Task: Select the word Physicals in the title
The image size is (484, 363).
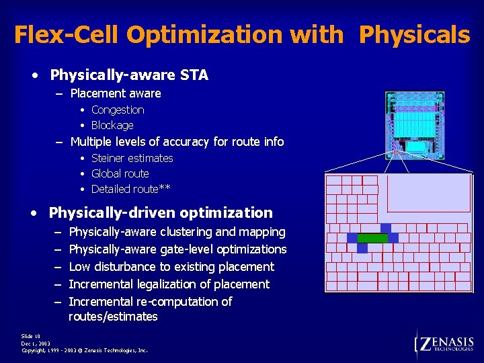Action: tap(414, 34)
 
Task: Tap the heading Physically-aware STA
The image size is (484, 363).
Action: tap(129, 75)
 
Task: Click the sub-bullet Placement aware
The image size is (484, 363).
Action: tap(115, 93)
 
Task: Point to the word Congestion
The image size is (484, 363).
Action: tap(118, 110)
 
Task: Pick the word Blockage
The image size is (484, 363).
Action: tap(112, 125)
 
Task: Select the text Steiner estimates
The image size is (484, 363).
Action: tap(132, 158)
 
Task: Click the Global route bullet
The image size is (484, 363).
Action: tap(120, 173)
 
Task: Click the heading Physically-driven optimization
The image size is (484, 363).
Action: tap(161, 213)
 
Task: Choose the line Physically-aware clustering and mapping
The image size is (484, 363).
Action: tap(177, 232)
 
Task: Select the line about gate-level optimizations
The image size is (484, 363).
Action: tap(177, 249)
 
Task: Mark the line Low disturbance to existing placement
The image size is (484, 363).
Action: tap(171, 267)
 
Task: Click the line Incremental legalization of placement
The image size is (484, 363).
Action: tap(169, 284)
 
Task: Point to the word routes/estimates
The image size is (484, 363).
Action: tap(113, 317)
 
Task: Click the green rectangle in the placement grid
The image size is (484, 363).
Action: tap(372, 238)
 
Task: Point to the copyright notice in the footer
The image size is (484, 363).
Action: tap(84, 350)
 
